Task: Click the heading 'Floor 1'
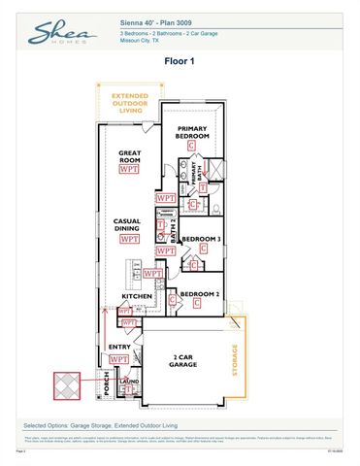point(180,60)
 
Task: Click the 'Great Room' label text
point(131,156)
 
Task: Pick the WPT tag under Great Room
point(128,169)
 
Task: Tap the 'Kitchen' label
point(135,296)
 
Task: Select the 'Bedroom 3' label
point(201,239)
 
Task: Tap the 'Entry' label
point(119,347)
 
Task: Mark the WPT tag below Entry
point(119,359)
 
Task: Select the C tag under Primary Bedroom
point(191,145)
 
